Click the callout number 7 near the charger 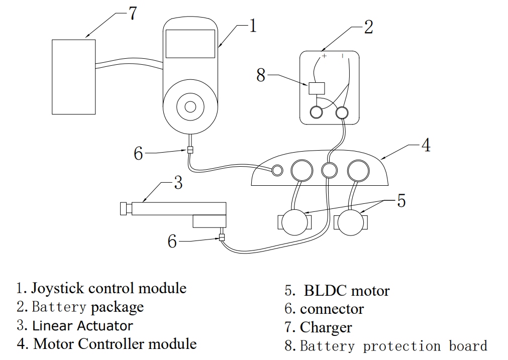pyautogui.click(x=132, y=14)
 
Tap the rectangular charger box pyautogui.click(x=74, y=76)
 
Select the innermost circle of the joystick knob pyautogui.click(x=190, y=106)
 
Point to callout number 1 pyautogui.click(x=253, y=26)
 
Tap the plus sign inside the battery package pyautogui.click(x=324, y=56)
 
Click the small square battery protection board pyautogui.click(x=317, y=89)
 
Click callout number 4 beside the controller pyautogui.click(x=426, y=145)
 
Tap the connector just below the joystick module pyautogui.click(x=190, y=150)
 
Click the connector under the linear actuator pyautogui.click(x=221, y=237)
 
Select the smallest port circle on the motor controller pyautogui.click(x=277, y=171)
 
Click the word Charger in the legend pyautogui.click(x=326, y=328)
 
